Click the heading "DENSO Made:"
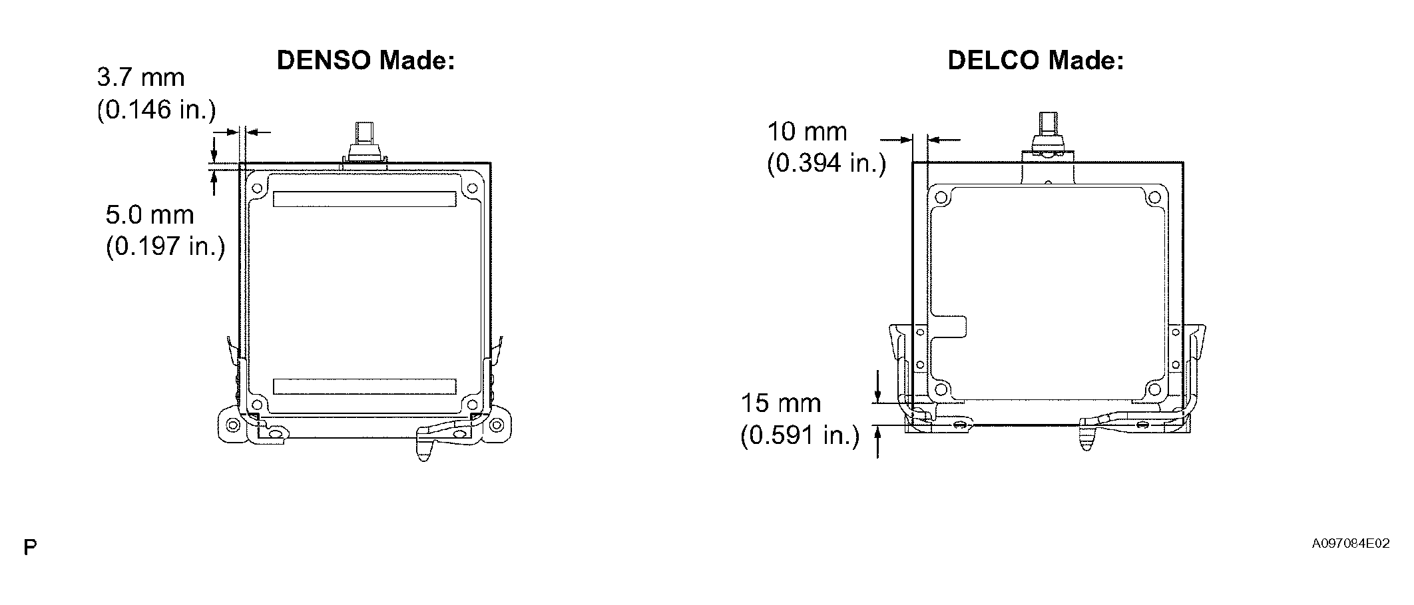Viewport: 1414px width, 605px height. point(365,61)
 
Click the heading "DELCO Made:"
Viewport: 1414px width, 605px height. point(1036,61)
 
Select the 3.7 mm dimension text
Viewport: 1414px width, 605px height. point(140,78)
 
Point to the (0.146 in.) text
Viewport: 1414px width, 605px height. point(156,110)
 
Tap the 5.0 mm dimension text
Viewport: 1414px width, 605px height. point(150,215)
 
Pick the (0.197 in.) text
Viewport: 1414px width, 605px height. point(165,247)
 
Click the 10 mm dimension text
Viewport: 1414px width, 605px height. point(807,132)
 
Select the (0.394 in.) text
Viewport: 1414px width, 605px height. point(826,163)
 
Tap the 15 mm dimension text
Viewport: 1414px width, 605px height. point(781,403)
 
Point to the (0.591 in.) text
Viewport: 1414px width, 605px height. point(800,435)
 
